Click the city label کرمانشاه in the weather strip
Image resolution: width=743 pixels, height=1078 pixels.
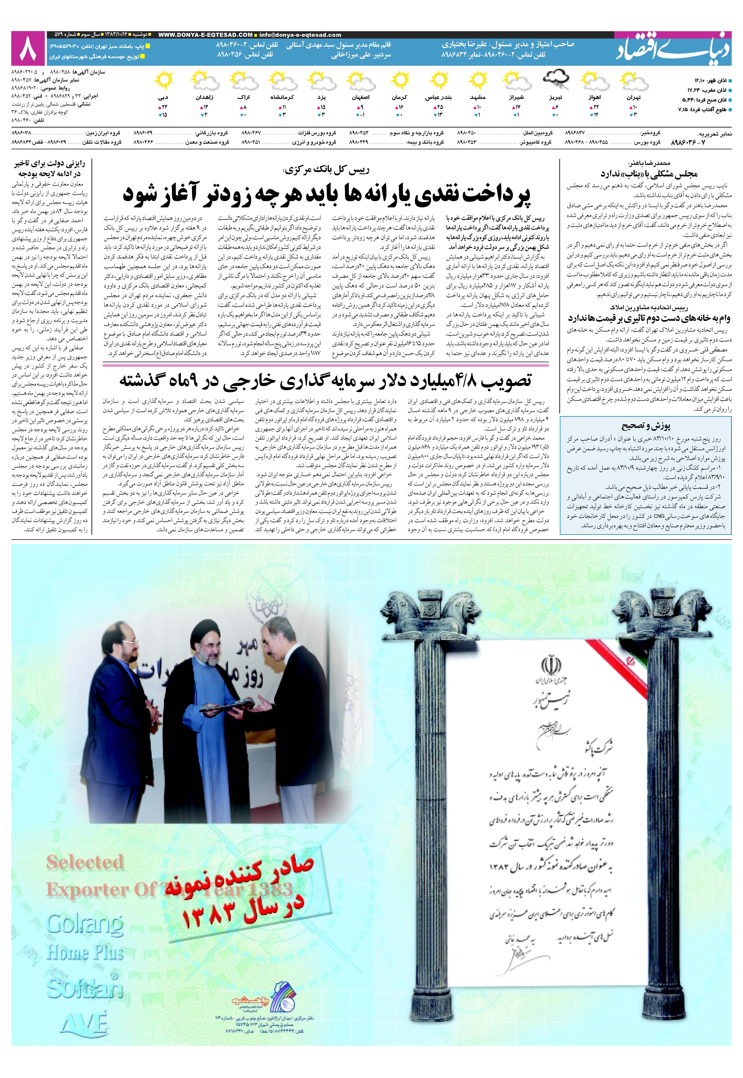point(282,98)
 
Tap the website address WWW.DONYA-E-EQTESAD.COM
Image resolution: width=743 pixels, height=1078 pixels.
point(205,35)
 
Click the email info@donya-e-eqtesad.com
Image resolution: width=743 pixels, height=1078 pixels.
point(300,35)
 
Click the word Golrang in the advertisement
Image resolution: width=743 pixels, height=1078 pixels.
point(85,923)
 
